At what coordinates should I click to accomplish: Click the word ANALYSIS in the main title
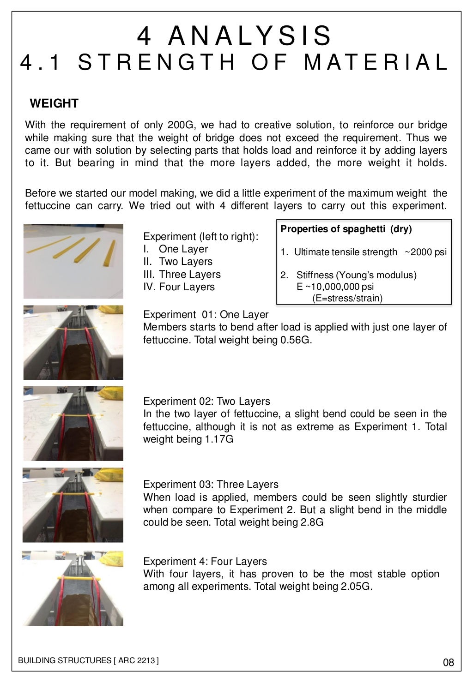coord(250,36)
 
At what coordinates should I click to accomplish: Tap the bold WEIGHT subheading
coord(54,103)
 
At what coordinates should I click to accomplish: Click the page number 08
coord(448,663)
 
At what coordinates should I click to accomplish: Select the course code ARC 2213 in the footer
coord(138,660)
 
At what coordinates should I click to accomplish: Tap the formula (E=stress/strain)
coord(347,298)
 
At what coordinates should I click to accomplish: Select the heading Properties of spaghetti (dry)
coord(346,229)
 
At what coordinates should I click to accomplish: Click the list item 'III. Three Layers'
coord(182,274)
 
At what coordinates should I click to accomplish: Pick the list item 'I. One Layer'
coord(176,249)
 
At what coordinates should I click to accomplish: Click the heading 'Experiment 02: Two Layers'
coord(206,401)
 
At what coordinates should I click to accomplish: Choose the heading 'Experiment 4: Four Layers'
coord(205,561)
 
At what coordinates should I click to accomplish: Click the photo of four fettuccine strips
coord(73,261)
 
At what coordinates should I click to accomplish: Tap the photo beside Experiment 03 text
coord(73,505)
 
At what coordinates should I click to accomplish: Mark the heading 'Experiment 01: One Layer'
coord(206,314)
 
